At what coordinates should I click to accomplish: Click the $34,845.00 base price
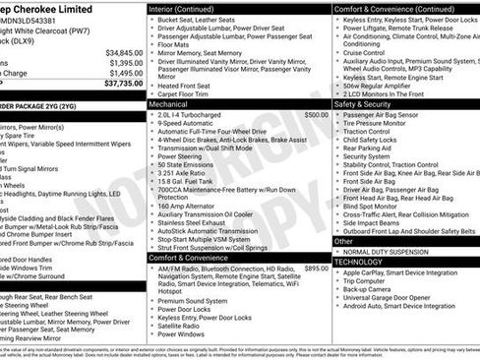tap(123, 52)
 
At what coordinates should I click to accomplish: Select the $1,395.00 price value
tap(125, 63)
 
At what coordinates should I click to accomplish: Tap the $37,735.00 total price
tap(123, 84)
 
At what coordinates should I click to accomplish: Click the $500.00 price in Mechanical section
tap(316, 114)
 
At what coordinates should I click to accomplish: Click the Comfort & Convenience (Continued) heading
tap(392, 8)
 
